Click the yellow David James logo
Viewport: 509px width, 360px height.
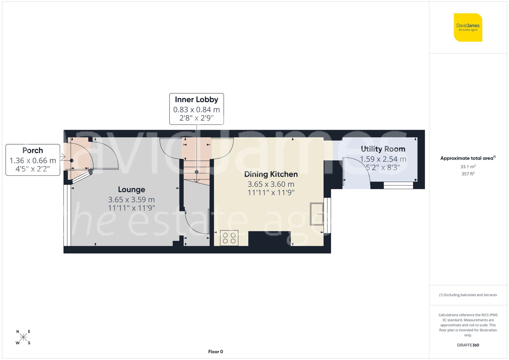point(468,27)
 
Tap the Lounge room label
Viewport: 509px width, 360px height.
point(131,190)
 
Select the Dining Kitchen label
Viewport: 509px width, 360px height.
point(271,174)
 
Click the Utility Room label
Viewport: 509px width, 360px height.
point(383,149)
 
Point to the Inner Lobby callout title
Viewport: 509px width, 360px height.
point(196,99)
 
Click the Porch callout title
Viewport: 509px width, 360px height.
point(33,150)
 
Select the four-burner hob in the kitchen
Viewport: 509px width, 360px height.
point(229,238)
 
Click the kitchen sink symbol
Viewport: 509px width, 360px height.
point(317,214)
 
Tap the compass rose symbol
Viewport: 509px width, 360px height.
point(23,337)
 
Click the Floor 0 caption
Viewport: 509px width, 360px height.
point(215,352)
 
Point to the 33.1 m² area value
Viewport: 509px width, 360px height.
point(468,167)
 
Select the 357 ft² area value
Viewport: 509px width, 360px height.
point(468,174)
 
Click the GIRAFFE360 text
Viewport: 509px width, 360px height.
point(468,345)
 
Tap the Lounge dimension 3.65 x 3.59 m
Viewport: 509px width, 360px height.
point(131,200)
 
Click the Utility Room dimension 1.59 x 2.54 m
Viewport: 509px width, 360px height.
point(383,159)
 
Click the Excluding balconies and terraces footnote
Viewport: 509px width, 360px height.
point(468,295)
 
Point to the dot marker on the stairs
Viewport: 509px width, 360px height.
point(196,172)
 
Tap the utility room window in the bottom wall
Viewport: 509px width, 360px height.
point(398,185)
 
